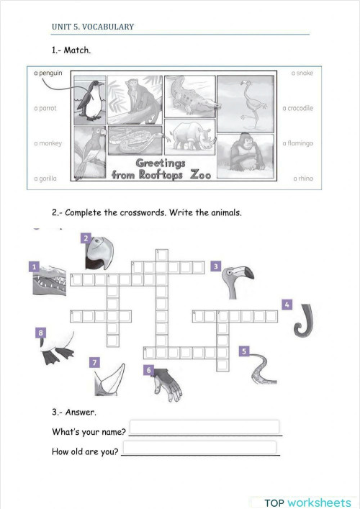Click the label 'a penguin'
tap(48, 73)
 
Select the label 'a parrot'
tap(45, 108)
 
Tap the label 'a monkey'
tap(48, 143)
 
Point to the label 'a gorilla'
tap(45, 178)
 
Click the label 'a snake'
tap(302, 73)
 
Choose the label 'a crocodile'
tap(297, 108)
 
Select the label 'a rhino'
tap(302, 178)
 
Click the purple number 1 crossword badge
tap(33, 267)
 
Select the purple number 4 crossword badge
tap(287, 305)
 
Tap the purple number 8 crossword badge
tap(41, 333)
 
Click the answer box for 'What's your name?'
tap(204, 427)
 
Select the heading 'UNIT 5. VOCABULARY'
tap(93, 27)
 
